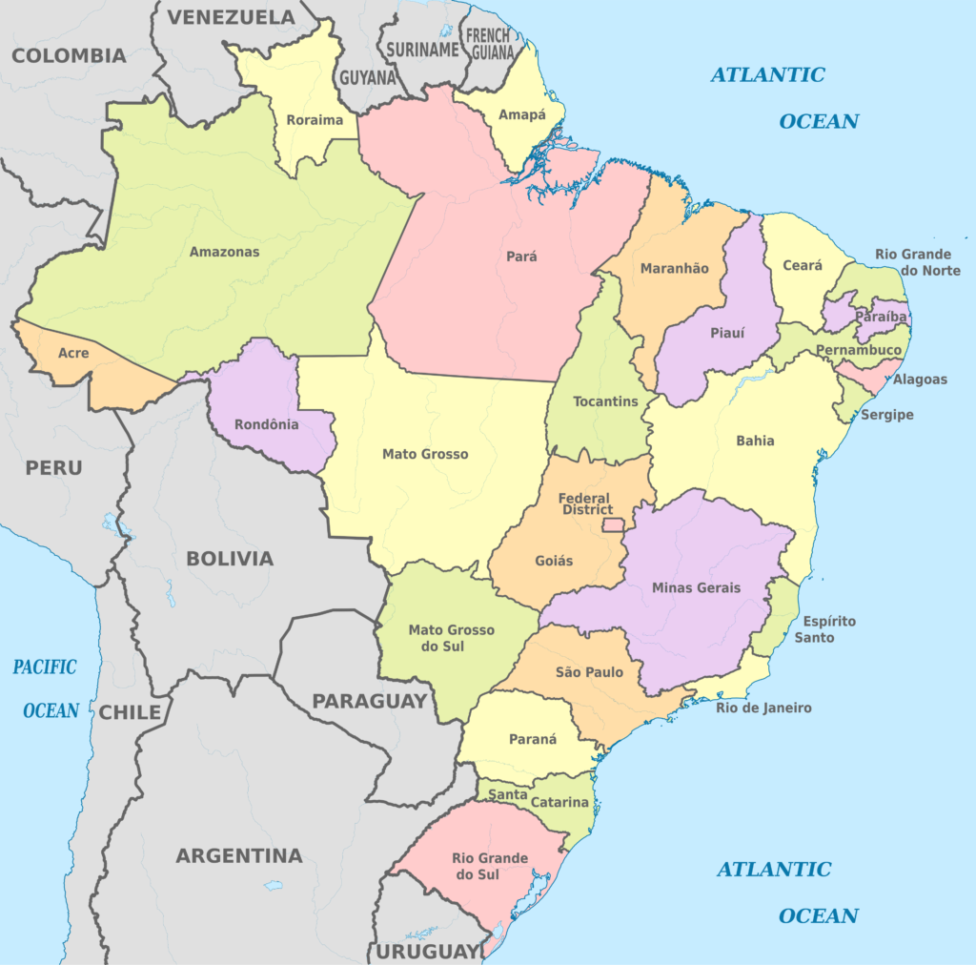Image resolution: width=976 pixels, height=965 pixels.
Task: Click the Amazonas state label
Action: pyautogui.click(x=224, y=252)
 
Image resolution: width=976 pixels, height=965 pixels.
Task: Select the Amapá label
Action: pyautogui.click(x=522, y=114)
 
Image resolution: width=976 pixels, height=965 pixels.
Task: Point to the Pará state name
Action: pyautogui.click(x=521, y=257)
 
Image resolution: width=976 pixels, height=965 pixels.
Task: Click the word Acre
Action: pyautogui.click(x=73, y=353)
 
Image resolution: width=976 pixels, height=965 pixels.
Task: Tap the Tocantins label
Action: pyautogui.click(x=605, y=401)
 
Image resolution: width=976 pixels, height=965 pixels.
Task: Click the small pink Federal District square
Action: pyautogui.click(x=612, y=524)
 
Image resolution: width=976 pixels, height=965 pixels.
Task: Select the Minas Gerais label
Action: pyautogui.click(x=696, y=587)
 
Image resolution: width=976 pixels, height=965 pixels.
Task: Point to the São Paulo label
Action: pyautogui.click(x=589, y=672)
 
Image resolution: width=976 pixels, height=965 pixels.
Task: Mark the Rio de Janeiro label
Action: pyautogui.click(x=764, y=708)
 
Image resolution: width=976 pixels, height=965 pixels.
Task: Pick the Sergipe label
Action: pyautogui.click(x=886, y=415)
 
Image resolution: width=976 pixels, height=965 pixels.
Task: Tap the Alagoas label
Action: pyautogui.click(x=920, y=380)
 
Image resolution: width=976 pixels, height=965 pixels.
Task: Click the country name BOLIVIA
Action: pyautogui.click(x=229, y=559)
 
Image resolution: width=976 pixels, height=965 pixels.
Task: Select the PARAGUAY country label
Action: pyautogui.click(x=370, y=701)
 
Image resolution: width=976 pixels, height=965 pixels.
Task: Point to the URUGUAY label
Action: pyautogui.click(x=425, y=952)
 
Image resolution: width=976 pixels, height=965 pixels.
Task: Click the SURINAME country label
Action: pyautogui.click(x=420, y=50)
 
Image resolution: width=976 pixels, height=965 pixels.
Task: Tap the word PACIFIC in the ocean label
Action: pyautogui.click(x=45, y=667)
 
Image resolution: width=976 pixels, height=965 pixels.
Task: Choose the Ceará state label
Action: pyautogui.click(x=803, y=266)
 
